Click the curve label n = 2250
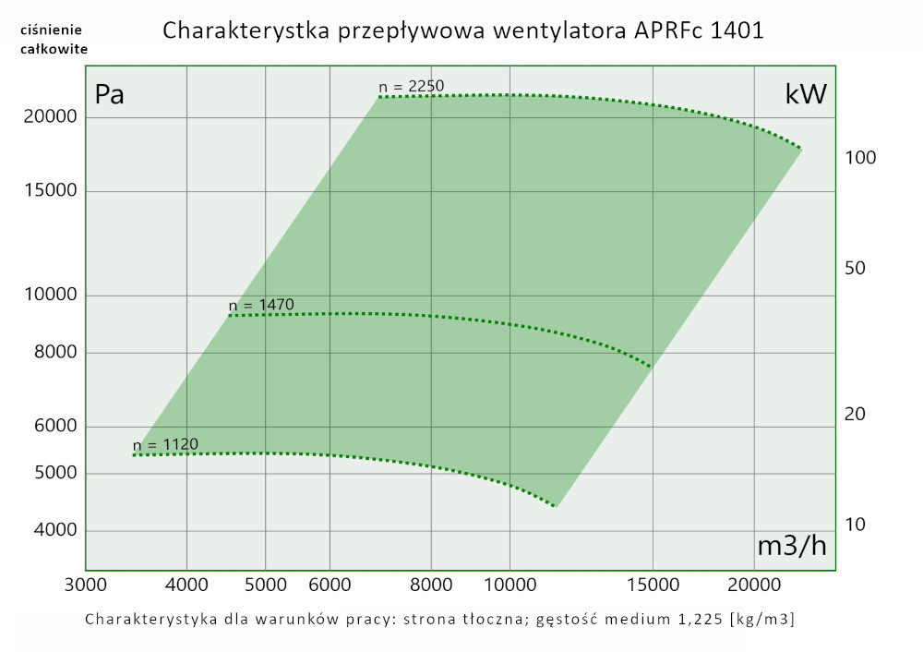[x=412, y=87]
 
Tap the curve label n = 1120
[x=166, y=444]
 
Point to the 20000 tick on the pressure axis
[x=51, y=117]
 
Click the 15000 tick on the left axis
[x=51, y=191]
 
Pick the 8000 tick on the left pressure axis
[x=55, y=353]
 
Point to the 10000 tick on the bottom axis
[x=509, y=585]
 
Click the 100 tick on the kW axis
[x=860, y=158]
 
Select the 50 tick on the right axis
[x=856, y=269]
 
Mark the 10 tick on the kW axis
[x=856, y=525]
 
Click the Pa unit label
[x=110, y=95]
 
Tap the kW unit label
[x=805, y=94]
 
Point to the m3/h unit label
[x=792, y=546]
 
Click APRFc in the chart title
[x=668, y=30]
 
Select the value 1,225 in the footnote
[x=701, y=619]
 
